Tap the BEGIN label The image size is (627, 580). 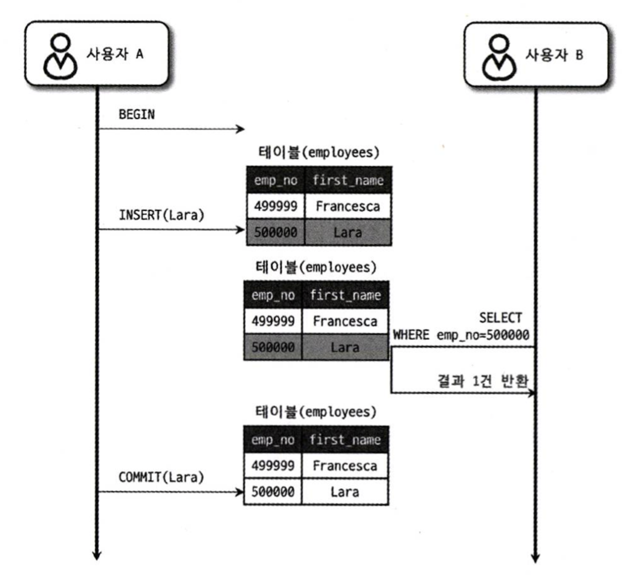[137, 115]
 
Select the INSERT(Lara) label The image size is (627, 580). [161, 215]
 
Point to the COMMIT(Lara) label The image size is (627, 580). [161, 477]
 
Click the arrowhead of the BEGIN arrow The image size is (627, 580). [241, 129]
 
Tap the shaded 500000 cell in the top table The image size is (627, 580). [276, 233]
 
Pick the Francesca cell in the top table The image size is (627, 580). [348, 206]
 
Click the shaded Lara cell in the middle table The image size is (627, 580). [345, 347]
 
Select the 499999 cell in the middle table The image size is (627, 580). [273, 321]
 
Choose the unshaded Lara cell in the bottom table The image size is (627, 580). [345, 492]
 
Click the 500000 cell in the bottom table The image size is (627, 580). [273, 492]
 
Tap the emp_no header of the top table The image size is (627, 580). [276, 180]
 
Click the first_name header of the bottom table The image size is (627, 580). [345, 440]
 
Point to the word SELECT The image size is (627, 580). [500, 318]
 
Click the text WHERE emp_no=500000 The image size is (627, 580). [461, 335]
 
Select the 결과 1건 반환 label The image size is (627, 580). [483, 381]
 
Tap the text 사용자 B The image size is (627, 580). [554, 55]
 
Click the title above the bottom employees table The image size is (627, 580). [316, 412]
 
